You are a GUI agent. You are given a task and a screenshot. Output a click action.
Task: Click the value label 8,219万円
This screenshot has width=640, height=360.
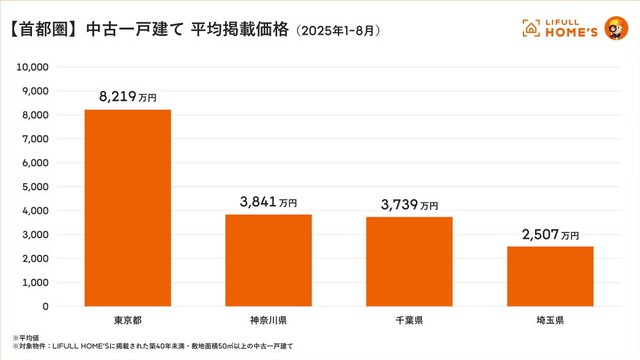coord(127,97)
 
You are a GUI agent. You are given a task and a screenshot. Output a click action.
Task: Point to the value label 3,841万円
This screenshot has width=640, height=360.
coord(268,201)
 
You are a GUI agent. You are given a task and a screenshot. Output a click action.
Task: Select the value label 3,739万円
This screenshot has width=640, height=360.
coord(409,204)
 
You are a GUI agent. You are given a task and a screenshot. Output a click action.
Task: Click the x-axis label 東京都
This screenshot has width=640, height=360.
coord(127,320)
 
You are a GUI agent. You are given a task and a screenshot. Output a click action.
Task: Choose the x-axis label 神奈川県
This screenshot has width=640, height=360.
coord(268,320)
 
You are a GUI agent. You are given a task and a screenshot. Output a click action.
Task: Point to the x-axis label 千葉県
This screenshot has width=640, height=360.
coord(409,320)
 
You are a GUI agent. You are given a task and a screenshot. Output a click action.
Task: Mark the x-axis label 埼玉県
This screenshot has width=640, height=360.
coord(550,320)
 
